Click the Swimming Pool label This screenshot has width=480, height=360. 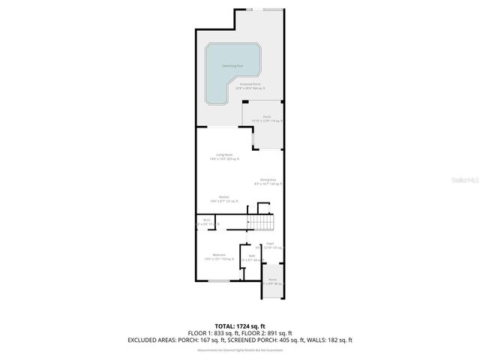tap(232, 66)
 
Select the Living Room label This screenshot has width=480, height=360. tap(223, 155)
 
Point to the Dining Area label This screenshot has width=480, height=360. tap(268, 180)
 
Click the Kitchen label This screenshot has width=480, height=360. tap(223, 198)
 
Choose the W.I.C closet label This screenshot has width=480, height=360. tap(205, 220)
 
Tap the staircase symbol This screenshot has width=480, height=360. tap(262, 223)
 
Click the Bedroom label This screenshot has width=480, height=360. tap(219, 256)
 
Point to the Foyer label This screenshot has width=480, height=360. tap(269, 244)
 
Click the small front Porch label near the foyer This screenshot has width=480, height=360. tap(273, 280)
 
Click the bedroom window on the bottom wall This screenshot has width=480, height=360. tap(219, 281)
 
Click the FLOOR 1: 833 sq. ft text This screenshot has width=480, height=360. tap(212, 333)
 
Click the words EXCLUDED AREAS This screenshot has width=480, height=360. tap(152, 340)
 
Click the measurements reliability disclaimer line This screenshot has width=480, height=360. tap(239, 349)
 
